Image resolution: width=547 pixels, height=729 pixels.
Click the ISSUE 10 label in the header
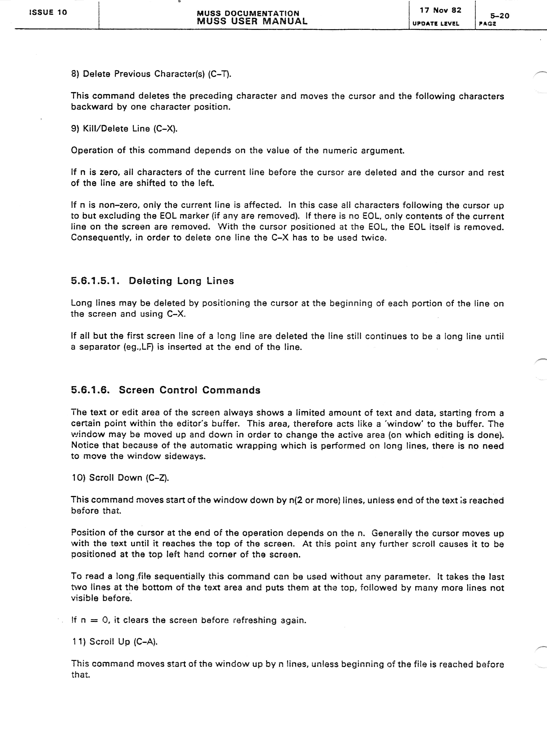(48, 13)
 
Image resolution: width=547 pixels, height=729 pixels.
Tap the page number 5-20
(500, 16)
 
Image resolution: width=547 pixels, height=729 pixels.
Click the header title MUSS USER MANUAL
(252, 21)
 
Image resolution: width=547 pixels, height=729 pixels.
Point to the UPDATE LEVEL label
(436, 24)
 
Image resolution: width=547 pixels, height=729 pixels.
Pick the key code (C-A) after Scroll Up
(145, 642)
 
